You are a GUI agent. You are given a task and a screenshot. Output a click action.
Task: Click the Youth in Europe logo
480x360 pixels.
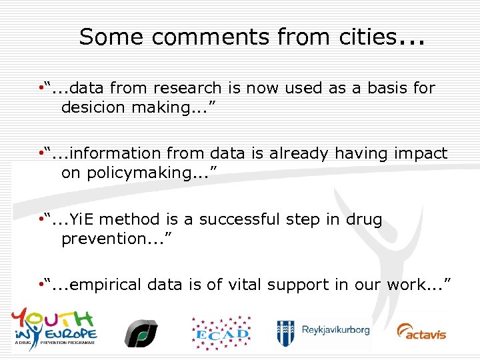point(53,326)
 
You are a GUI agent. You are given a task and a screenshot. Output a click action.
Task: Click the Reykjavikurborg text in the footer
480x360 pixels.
point(335,331)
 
